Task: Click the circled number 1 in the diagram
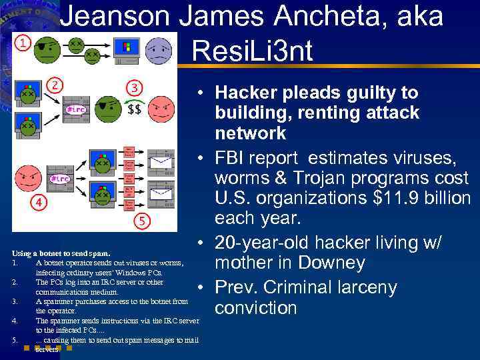pos(23,43)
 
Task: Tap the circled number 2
pos(57,85)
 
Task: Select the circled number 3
pos(135,87)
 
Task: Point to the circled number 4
pos(40,201)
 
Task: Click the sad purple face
pos(158,50)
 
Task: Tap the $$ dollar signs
pos(134,109)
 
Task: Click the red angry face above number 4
pos(27,178)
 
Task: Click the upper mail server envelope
pos(160,161)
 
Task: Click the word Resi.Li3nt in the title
pos(251,51)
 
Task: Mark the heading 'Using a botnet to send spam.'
pos(61,253)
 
